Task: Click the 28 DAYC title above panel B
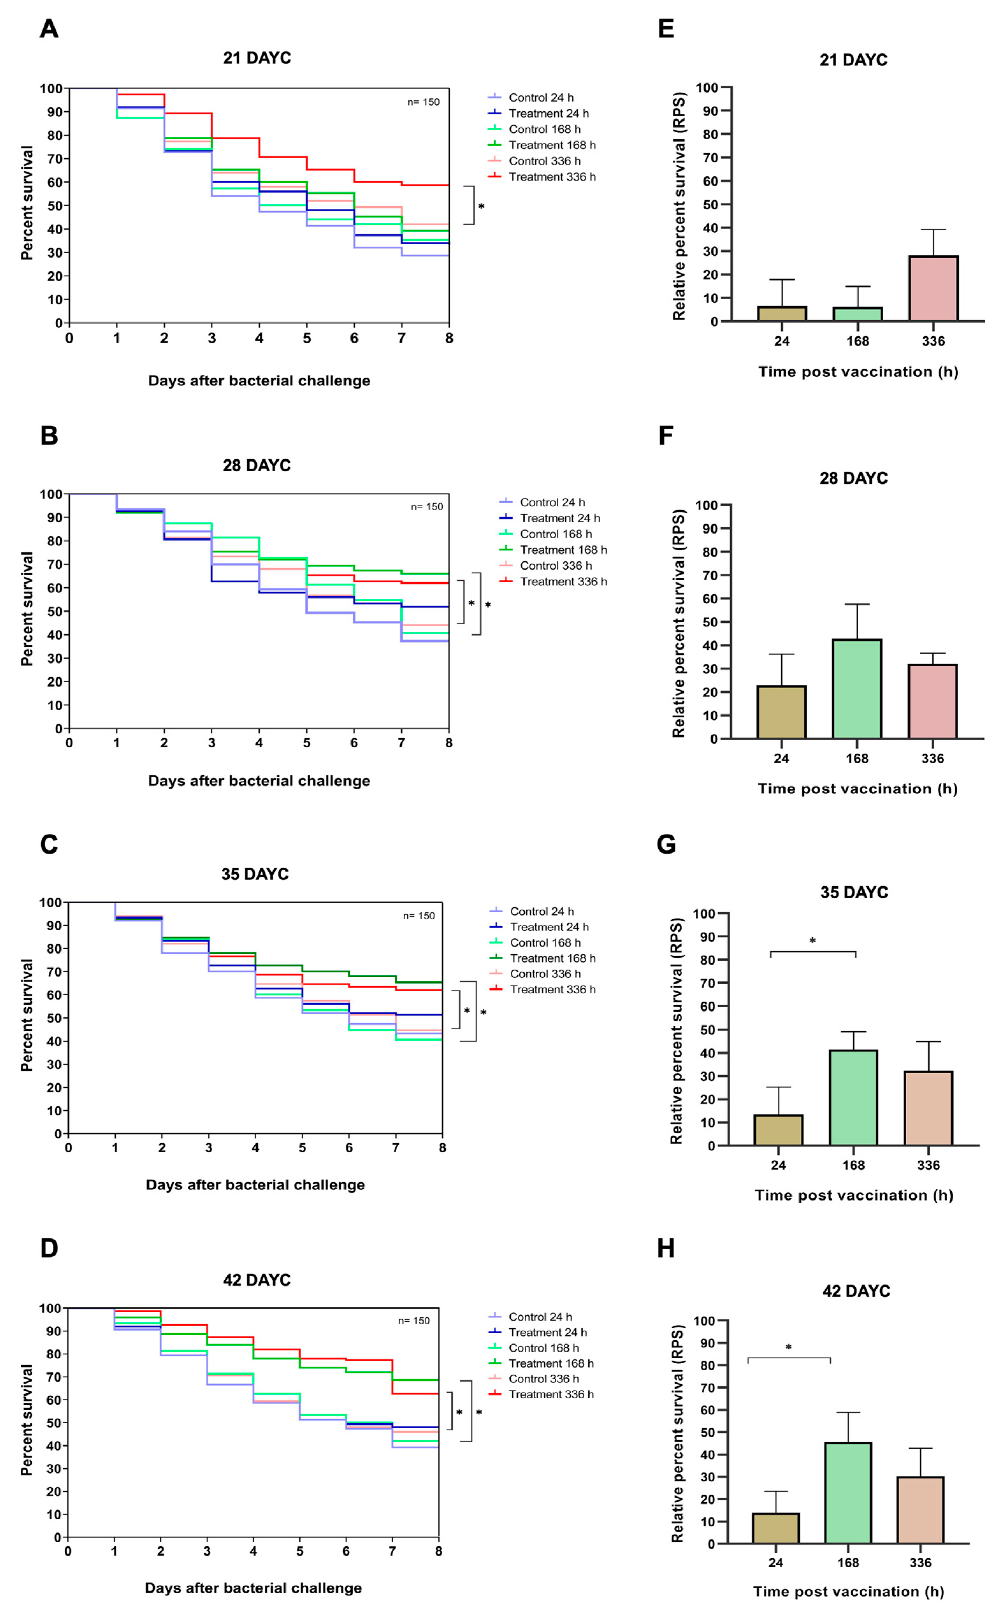coord(257,466)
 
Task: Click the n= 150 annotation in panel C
coord(419,916)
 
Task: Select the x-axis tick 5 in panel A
coord(307,339)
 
